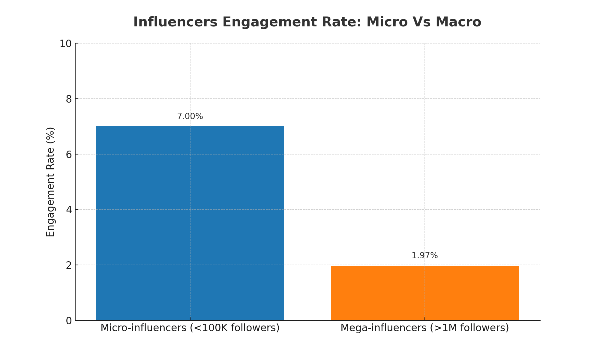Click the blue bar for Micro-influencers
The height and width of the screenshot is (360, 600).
click(x=190, y=223)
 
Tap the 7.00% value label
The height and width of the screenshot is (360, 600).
click(x=190, y=116)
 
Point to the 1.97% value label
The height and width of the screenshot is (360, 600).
click(x=424, y=256)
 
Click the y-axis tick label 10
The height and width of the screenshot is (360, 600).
click(x=65, y=44)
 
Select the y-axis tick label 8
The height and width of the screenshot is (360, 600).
click(x=69, y=99)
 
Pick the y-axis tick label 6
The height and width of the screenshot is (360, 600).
click(x=69, y=154)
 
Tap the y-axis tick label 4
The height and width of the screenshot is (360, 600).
click(x=69, y=210)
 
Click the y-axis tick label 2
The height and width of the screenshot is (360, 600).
click(x=69, y=265)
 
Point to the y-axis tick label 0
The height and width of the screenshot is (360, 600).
click(x=69, y=321)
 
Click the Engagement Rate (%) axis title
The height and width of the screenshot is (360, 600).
click(x=51, y=182)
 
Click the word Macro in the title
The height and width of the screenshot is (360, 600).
click(x=458, y=22)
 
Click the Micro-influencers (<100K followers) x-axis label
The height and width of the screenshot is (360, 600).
click(x=190, y=328)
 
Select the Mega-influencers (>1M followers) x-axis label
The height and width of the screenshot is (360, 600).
click(x=424, y=328)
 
